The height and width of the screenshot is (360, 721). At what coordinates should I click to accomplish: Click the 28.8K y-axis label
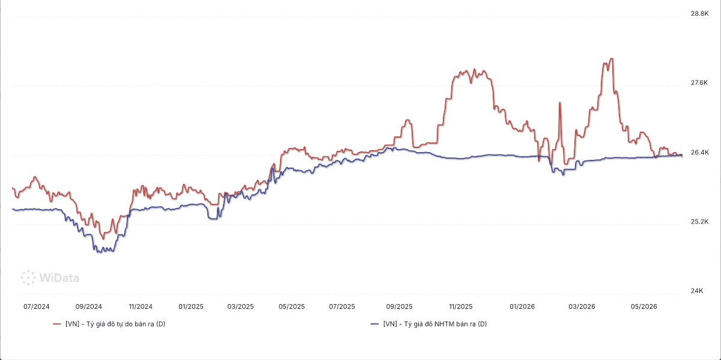pos(699,14)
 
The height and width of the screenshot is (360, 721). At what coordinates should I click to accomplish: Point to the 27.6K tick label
pos(699,83)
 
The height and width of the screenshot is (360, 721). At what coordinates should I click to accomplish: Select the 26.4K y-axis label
pos(699,152)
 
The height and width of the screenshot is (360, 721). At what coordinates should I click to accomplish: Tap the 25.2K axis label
pos(699,222)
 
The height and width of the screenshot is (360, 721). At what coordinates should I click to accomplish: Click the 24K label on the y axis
pos(697,291)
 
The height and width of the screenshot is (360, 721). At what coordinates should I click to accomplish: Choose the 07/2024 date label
pos(37,307)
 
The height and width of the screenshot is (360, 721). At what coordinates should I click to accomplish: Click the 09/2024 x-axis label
pos(88,307)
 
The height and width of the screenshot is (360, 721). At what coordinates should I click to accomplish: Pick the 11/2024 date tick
pos(141,307)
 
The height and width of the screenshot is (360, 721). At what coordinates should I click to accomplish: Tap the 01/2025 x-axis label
pos(191,307)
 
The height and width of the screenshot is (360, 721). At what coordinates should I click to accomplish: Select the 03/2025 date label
pos(240,307)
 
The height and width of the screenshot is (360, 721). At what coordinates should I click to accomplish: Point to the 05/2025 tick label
pos(291,307)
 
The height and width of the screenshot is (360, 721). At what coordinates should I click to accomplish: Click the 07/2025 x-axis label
pos(342,307)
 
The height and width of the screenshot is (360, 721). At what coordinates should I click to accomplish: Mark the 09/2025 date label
pos(399,307)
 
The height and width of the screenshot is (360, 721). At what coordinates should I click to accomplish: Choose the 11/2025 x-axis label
pos(461,307)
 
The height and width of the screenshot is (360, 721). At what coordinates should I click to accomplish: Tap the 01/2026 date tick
pos(522,307)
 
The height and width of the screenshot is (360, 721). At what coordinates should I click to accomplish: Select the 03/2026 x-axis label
pos(582,307)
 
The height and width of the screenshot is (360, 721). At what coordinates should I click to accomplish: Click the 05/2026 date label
pos(643,307)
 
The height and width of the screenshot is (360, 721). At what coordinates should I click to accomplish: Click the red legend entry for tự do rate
pos(109,324)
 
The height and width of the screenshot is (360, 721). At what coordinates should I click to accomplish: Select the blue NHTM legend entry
pos(429,324)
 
